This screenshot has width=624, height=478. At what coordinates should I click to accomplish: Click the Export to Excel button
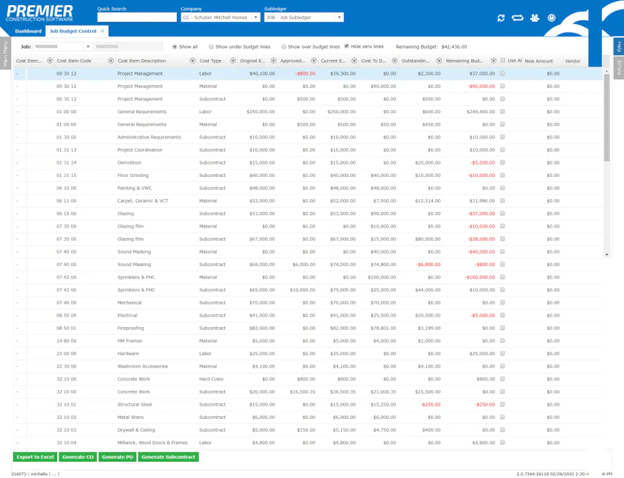pos(35,457)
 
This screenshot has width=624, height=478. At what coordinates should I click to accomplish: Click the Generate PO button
pos(118,457)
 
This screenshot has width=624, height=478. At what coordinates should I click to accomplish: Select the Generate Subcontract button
pos(168,457)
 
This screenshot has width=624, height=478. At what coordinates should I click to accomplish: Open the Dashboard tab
pos(29,31)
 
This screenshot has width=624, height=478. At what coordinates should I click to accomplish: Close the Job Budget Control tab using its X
pos(102,31)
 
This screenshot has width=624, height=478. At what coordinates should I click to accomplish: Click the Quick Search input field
pos(136,18)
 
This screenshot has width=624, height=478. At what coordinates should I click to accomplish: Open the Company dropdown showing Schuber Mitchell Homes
pos(255,18)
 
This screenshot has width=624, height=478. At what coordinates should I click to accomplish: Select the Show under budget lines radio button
pos(212,47)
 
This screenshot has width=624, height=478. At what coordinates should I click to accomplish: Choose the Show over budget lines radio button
pos(284,47)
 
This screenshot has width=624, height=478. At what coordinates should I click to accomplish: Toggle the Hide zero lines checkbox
pos(347,47)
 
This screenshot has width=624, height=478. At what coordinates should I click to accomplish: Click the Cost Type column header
pos(211,61)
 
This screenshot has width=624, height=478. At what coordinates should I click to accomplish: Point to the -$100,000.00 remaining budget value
pos(478,277)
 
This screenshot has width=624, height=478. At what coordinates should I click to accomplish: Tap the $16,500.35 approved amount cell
pos(300,392)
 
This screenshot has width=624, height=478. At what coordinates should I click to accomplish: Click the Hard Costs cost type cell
pos(211,378)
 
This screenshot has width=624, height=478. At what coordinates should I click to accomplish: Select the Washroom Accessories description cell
pos(143,366)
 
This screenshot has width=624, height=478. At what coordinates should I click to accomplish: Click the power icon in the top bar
pos(552,18)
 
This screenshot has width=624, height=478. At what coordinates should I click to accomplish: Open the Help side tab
pos(619,46)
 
